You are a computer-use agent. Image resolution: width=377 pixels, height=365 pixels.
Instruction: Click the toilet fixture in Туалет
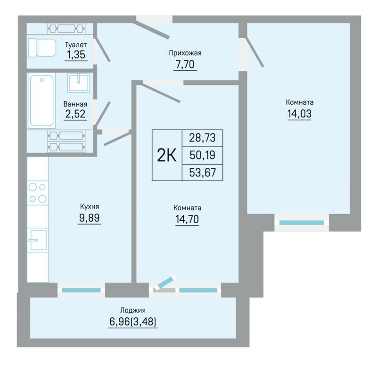pos(42,48)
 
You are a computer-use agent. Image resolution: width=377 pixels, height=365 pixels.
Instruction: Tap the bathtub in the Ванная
pos(41,100)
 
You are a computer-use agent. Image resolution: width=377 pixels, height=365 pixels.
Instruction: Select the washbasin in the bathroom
pos(79,83)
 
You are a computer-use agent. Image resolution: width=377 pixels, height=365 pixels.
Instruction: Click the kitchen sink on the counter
pos(38,240)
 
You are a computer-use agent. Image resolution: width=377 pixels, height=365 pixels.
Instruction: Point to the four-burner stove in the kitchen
pos(38,193)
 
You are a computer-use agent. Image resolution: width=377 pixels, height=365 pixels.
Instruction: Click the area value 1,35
pos(76,55)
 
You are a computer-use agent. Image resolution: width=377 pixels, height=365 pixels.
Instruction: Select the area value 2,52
pos(75,114)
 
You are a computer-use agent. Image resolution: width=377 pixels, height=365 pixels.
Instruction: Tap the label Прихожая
pos(185,53)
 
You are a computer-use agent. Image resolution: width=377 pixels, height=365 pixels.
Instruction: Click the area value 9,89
pos(90,218)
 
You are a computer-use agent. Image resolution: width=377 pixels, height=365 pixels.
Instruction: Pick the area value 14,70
pos(187,219)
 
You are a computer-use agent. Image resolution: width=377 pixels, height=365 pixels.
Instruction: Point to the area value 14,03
pos(300,114)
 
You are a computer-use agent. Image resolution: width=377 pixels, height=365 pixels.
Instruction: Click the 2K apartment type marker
pos(167,155)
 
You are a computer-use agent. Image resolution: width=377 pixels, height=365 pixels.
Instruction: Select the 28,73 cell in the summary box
pos(203,138)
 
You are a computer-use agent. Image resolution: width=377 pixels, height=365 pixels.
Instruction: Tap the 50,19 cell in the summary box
pos(203,155)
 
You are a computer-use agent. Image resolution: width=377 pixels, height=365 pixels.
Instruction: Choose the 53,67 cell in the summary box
pos(203,173)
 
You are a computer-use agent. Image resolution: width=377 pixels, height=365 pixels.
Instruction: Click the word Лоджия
pos(133,310)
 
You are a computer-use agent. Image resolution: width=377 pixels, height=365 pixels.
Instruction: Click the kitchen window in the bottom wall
pos(81,290)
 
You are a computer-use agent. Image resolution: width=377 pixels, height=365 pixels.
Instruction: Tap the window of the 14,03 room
pos(302,223)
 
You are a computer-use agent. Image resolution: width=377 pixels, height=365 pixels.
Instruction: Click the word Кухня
pos(90,207)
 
